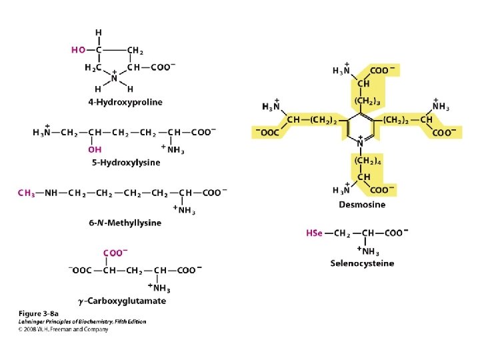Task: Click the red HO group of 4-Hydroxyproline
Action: [x=78, y=49]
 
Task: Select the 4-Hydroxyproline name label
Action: [x=125, y=102]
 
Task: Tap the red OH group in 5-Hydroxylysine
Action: [x=95, y=150]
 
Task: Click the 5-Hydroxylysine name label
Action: [x=126, y=162]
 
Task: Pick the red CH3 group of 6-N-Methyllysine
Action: [x=27, y=193]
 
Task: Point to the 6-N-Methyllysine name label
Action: [x=125, y=223]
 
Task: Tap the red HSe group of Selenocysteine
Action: [x=314, y=233]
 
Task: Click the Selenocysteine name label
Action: [x=362, y=263]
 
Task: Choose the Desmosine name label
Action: [x=361, y=204]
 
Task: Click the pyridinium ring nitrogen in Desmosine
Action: [x=360, y=143]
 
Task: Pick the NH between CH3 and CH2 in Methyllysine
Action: [x=52, y=193]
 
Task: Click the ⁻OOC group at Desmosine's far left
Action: [x=267, y=132]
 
